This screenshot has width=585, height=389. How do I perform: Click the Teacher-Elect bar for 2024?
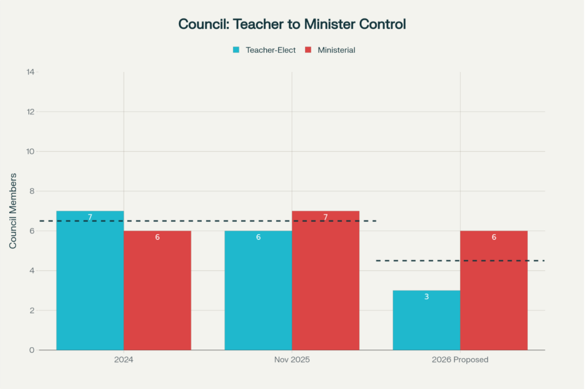coord(90,283)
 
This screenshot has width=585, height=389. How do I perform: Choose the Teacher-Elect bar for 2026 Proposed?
coord(426,320)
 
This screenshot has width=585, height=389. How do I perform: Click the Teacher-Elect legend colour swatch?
coord(236,50)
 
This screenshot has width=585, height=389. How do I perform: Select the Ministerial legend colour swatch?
coord(309,50)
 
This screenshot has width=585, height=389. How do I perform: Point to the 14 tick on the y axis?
coord(30,73)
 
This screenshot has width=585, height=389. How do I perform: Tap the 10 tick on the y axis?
coord(30,152)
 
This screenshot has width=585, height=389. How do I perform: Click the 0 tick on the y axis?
coord(32,350)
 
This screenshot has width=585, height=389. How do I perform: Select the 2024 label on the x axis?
coord(124,360)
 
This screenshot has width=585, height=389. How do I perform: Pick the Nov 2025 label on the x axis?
coord(292,360)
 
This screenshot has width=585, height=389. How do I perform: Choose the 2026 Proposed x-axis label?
coord(460,360)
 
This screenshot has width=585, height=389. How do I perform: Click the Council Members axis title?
coord(13,211)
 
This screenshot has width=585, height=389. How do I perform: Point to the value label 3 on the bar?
coord(426,297)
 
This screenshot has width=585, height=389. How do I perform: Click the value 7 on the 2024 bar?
coord(90,218)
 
